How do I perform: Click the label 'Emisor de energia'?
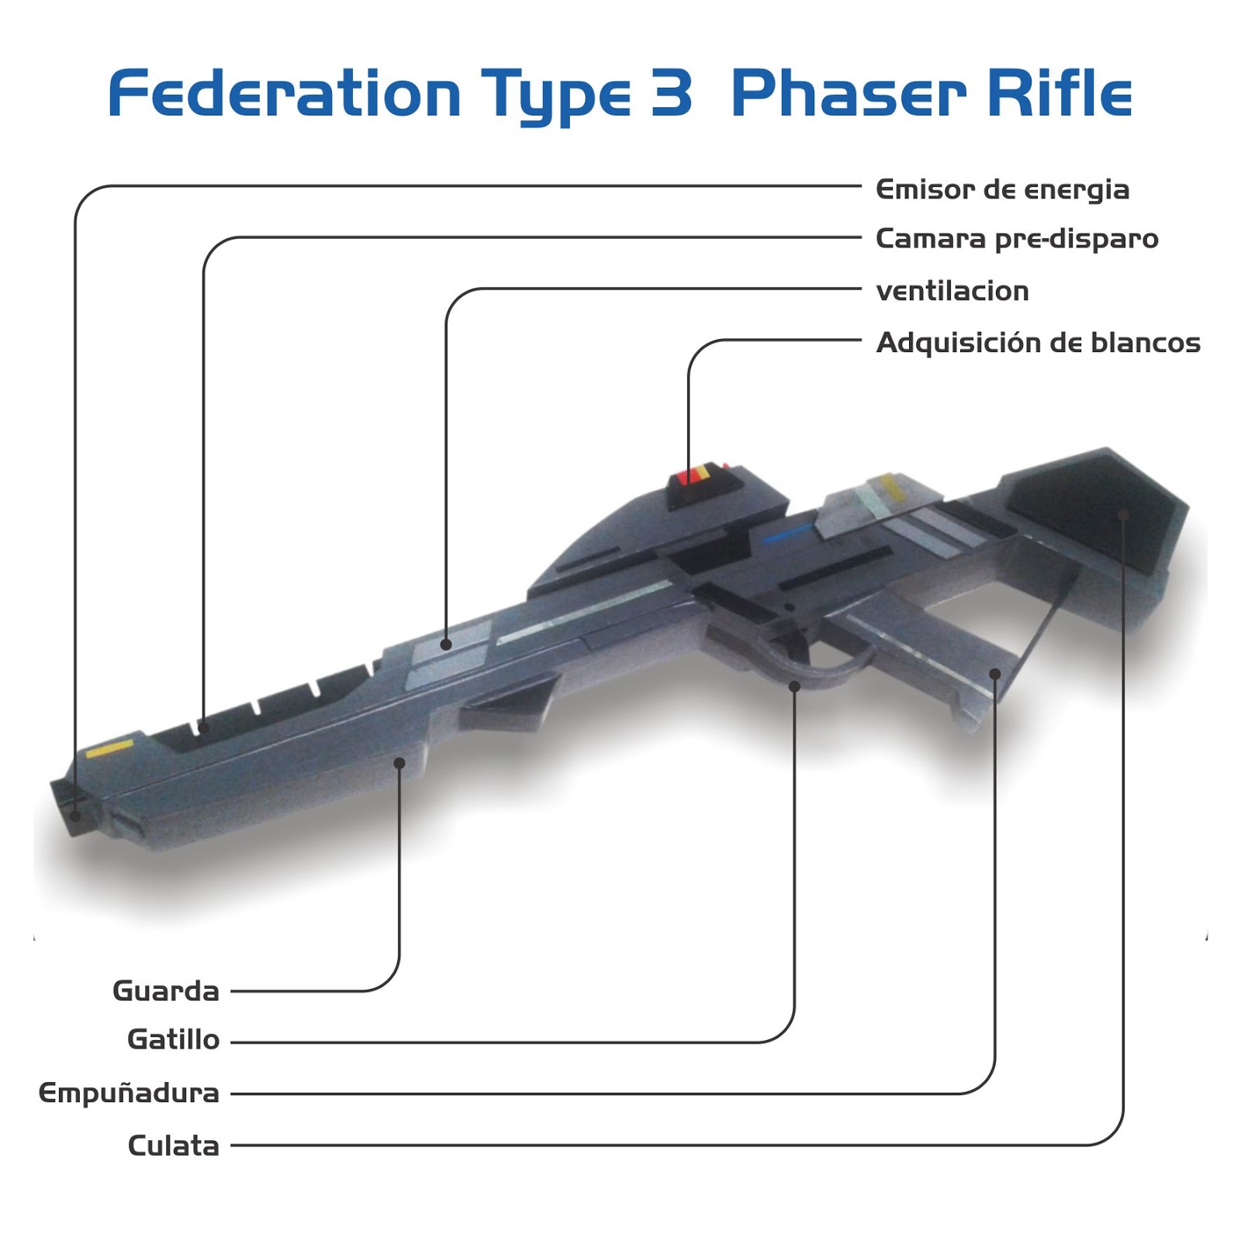click(x=1002, y=190)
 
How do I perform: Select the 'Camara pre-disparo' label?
click(x=1017, y=239)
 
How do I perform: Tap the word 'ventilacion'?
click(x=952, y=292)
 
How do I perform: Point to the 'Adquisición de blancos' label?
click(x=1038, y=343)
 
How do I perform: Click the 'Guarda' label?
click(x=166, y=991)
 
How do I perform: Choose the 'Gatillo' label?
click(x=174, y=1040)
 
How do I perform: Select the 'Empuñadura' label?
click(x=130, y=1094)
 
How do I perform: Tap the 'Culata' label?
click(x=174, y=1146)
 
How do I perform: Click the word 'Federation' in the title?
click(x=285, y=95)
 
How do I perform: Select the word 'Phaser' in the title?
click(x=849, y=95)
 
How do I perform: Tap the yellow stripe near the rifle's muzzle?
click(x=109, y=749)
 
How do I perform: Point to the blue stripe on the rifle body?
click(x=787, y=534)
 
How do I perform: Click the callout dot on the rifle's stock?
click(x=1123, y=514)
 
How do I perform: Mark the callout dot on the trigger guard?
click(x=794, y=686)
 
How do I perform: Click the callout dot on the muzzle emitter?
click(x=75, y=816)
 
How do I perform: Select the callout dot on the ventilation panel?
click(x=446, y=645)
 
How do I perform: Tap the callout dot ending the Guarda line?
click(x=399, y=763)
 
